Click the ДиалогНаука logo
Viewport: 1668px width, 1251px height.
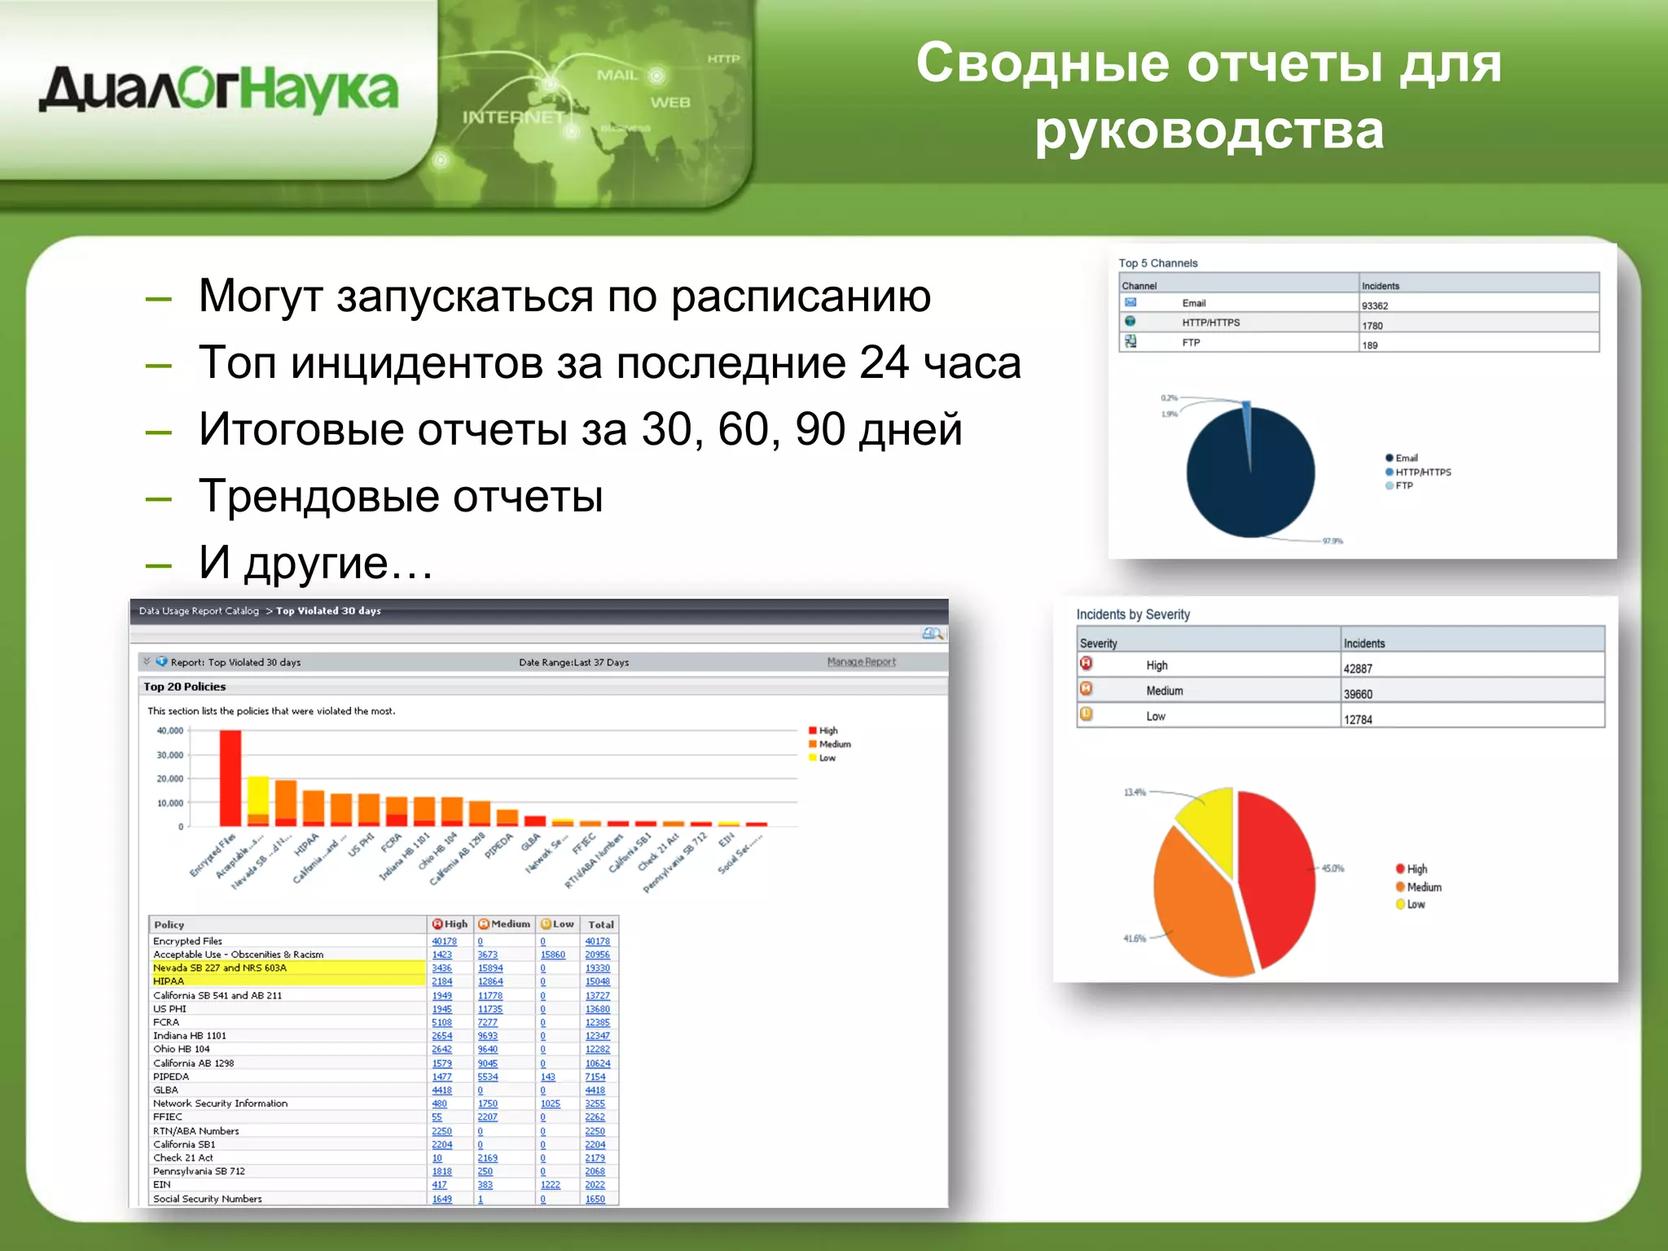(218, 90)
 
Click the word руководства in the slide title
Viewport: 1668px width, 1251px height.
(1209, 130)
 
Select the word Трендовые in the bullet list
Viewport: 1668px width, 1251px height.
(319, 496)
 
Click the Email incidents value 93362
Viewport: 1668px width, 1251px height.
(1375, 305)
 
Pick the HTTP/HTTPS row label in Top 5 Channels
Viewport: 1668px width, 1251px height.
(1210, 323)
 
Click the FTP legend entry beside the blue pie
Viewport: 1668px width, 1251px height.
(1403, 485)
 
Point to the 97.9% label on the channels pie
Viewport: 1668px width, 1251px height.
(1332, 541)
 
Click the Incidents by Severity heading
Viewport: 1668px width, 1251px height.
(1132, 614)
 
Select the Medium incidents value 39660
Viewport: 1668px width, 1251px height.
(1358, 694)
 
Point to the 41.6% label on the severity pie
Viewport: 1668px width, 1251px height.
(1134, 938)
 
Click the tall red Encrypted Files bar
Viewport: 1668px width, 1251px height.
(230, 778)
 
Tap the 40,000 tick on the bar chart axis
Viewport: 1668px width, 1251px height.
(170, 731)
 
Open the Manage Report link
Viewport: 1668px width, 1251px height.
(861, 662)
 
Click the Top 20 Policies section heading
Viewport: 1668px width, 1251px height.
(185, 687)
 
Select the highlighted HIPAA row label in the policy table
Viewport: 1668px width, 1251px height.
(169, 981)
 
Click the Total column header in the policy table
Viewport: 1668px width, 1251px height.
(601, 924)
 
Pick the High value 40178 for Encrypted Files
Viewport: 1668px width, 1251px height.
(444, 942)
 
